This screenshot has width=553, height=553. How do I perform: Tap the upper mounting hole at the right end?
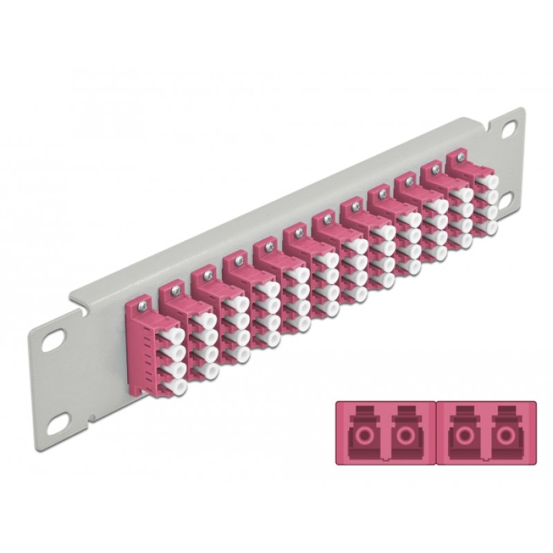(510, 127)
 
